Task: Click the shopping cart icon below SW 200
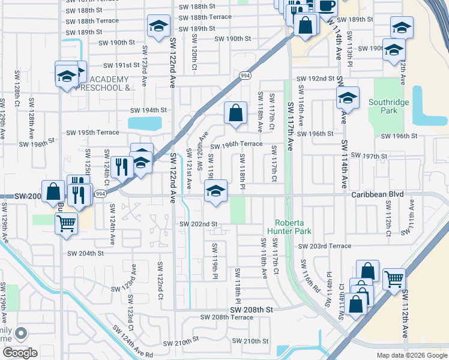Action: [66, 223]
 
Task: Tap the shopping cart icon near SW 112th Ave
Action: [394, 278]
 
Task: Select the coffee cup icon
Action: [326, 6]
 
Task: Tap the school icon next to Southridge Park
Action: [348, 98]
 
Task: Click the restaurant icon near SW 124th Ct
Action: [122, 166]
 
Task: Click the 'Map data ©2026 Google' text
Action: [412, 355]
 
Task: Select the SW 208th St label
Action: [253, 309]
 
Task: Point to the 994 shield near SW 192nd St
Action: [244, 76]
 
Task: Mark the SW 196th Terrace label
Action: [236, 144]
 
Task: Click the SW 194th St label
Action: [148, 110]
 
